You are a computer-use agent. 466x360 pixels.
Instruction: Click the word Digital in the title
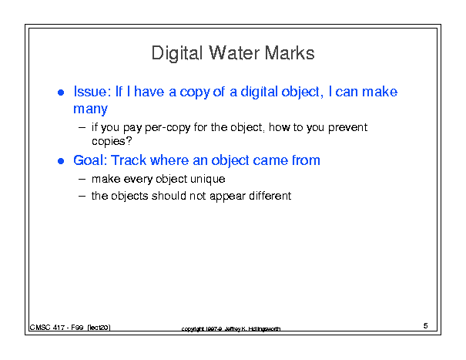point(177,54)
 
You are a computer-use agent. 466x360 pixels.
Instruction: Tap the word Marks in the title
point(290,53)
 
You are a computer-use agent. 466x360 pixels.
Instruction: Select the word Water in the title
point(234,53)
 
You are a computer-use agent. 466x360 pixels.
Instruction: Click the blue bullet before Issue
point(61,93)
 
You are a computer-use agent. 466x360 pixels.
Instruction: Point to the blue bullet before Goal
point(61,161)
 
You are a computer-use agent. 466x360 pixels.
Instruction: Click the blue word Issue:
point(92,92)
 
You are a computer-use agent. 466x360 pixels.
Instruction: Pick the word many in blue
point(90,109)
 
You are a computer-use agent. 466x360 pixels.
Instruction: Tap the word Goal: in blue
point(90,160)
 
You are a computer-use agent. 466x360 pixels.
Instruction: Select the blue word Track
point(129,160)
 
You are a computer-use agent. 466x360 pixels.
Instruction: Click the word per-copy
point(168,128)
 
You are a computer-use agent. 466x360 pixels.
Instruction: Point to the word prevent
point(347,127)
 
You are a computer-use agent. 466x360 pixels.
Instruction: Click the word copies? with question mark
point(112,141)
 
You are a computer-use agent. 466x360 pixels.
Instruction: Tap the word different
point(270,196)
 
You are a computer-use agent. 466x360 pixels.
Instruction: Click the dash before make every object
point(82,180)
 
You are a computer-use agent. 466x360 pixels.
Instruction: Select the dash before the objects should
point(82,197)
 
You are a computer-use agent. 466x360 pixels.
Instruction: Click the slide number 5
point(426,326)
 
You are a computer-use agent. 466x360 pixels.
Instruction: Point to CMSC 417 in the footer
point(47,328)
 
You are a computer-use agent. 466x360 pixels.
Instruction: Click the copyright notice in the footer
point(231,328)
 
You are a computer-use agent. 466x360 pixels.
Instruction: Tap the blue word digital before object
point(259,93)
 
